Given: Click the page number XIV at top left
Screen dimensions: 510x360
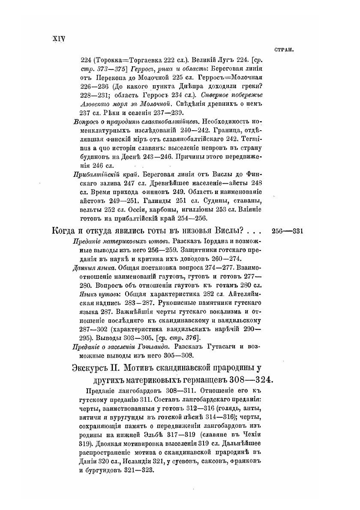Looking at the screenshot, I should [x=57, y=38].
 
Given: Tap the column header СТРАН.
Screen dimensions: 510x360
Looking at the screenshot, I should [x=284, y=50].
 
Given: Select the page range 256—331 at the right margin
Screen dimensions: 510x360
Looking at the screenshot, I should [x=288, y=231].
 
